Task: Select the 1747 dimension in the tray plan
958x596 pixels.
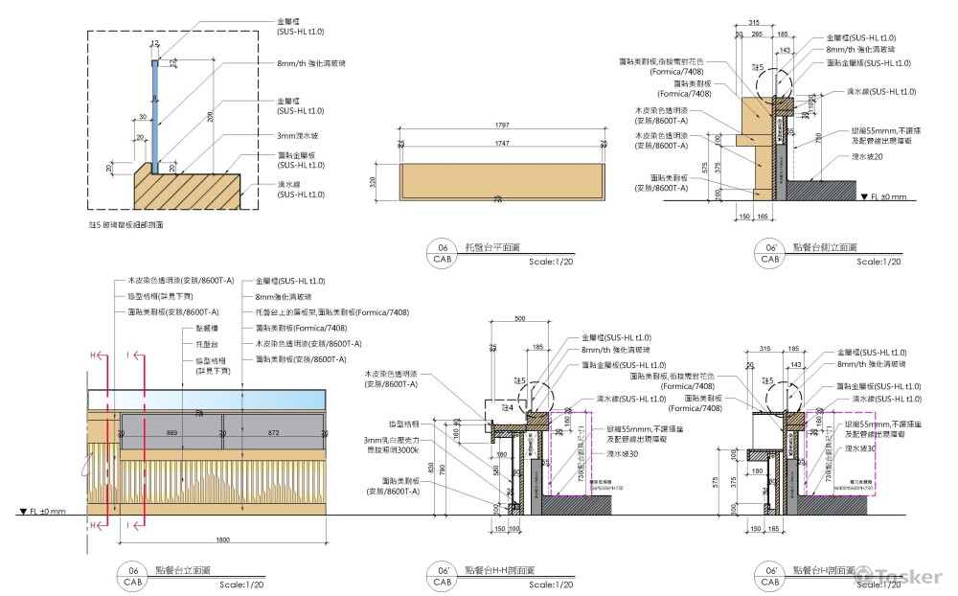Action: point(502,145)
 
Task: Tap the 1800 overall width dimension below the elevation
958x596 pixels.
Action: point(222,539)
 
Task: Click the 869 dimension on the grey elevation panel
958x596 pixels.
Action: point(172,433)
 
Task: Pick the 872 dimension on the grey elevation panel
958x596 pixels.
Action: point(274,433)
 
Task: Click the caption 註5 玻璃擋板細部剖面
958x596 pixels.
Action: point(125,223)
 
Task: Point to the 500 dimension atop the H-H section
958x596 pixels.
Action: point(520,317)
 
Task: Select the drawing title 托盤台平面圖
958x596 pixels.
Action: point(490,246)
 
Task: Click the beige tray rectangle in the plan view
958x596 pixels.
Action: point(501,181)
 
